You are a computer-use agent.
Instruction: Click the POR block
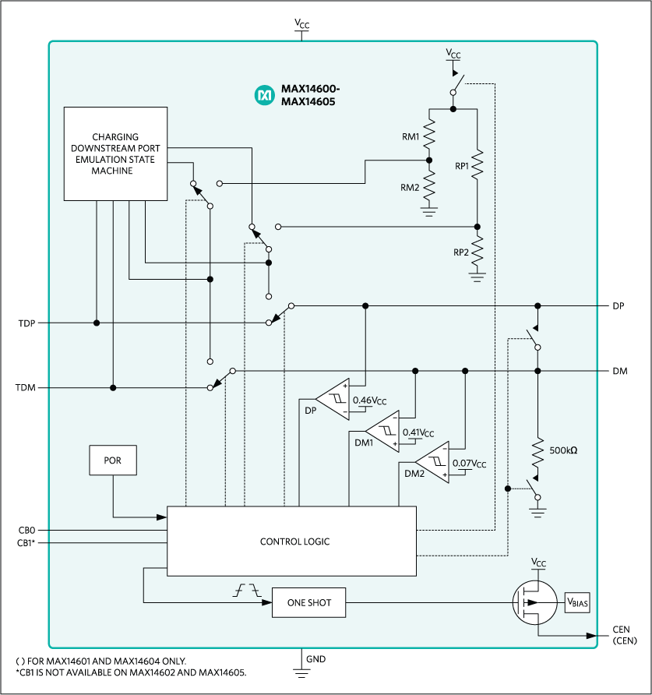click(x=114, y=460)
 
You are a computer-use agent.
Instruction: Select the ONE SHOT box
click(x=308, y=602)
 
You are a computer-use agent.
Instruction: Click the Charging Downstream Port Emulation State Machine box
click(x=115, y=153)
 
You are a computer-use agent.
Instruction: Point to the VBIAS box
click(x=578, y=602)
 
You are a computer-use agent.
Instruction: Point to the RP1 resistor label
click(x=462, y=166)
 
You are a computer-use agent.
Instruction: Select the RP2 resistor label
click(x=462, y=252)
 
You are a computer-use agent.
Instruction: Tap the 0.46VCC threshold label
click(x=370, y=400)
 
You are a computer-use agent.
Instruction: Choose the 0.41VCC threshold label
click(x=418, y=432)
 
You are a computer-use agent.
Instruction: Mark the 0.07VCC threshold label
click(x=470, y=464)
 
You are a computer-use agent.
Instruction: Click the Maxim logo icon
click(x=264, y=95)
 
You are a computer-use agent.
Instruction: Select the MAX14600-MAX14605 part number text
click(x=309, y=95)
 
